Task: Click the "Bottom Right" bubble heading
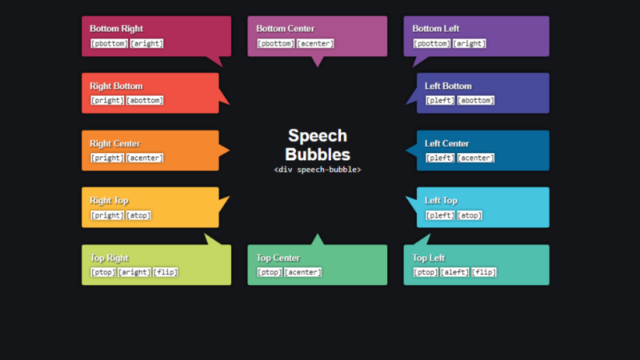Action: pos(116,29)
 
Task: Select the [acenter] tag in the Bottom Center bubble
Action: pos(315,43)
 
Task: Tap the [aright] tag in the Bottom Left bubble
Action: pos(469,43)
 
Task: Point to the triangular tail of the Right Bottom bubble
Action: pos(224,97)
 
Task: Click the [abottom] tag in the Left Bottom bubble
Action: pos(475,101)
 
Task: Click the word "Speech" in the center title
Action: pos(318,135)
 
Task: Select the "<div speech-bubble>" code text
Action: pos(318,170)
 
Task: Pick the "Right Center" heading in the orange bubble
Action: pos(115,144)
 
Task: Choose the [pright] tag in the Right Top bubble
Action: pos(107,215)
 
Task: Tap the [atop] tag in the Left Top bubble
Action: pos(470,215)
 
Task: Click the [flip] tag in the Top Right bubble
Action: pos(166,272)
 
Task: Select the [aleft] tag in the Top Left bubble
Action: pos(454,272)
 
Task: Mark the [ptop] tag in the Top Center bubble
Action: pos(270,272)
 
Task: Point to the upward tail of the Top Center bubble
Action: pos(318,239)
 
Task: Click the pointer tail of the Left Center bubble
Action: pos(411,150)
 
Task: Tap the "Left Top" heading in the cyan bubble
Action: pos(441,201)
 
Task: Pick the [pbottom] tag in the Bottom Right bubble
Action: pos(109,43)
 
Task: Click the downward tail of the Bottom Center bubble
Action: pos(318,62)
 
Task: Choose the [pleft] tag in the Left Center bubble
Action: pos(440,158)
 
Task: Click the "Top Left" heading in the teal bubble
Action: pos(428,258)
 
